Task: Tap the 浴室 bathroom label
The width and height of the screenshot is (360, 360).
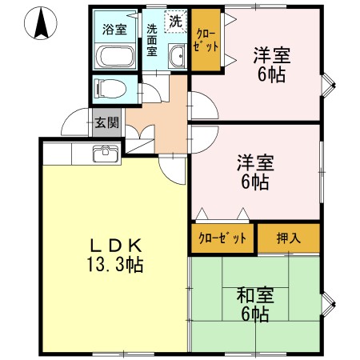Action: (114, 30)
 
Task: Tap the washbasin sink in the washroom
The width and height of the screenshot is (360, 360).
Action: (177, 56)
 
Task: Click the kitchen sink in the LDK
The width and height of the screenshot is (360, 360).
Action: (103, 154)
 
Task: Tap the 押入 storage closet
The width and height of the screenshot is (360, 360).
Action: (288, 238)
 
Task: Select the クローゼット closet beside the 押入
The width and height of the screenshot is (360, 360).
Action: (223, 238)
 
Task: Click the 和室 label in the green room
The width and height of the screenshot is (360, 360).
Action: (254, 294)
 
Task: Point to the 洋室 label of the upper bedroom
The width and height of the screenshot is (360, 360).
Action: (272, 56)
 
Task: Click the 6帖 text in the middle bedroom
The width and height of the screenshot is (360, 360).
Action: (254, 182)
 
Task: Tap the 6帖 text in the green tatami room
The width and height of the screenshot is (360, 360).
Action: (254, 314)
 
